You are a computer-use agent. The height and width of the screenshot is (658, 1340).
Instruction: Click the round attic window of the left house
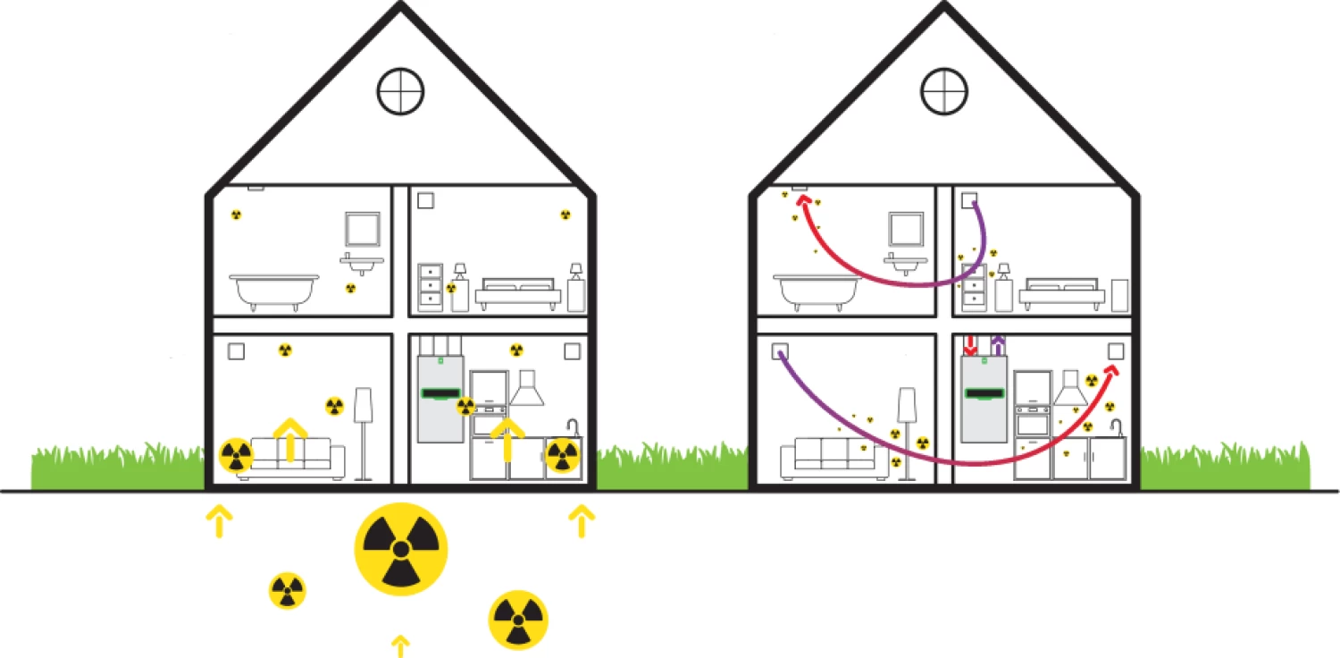(x=400, y=90)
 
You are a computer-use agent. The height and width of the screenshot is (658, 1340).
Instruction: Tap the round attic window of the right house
(x=944, y=90)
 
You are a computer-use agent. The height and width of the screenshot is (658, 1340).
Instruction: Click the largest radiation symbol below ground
(x=401, y=547)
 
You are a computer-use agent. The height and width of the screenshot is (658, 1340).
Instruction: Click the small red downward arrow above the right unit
(x=972, y=344)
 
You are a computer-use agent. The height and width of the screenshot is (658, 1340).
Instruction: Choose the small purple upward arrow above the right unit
(x=998, y=344)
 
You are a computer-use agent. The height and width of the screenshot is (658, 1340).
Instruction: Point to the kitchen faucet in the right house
(x=1116, y=426)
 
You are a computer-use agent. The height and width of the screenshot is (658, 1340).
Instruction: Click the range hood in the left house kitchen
(x=527, y=389)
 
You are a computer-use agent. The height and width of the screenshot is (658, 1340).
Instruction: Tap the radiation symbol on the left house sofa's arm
(x=236, y=455)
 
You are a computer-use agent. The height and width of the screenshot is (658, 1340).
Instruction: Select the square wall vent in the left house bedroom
(x=425, y=200)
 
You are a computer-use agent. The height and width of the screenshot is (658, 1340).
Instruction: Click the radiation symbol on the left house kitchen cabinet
(x=562, y=456)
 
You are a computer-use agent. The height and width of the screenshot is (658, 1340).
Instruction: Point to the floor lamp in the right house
(x=909, y=429)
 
